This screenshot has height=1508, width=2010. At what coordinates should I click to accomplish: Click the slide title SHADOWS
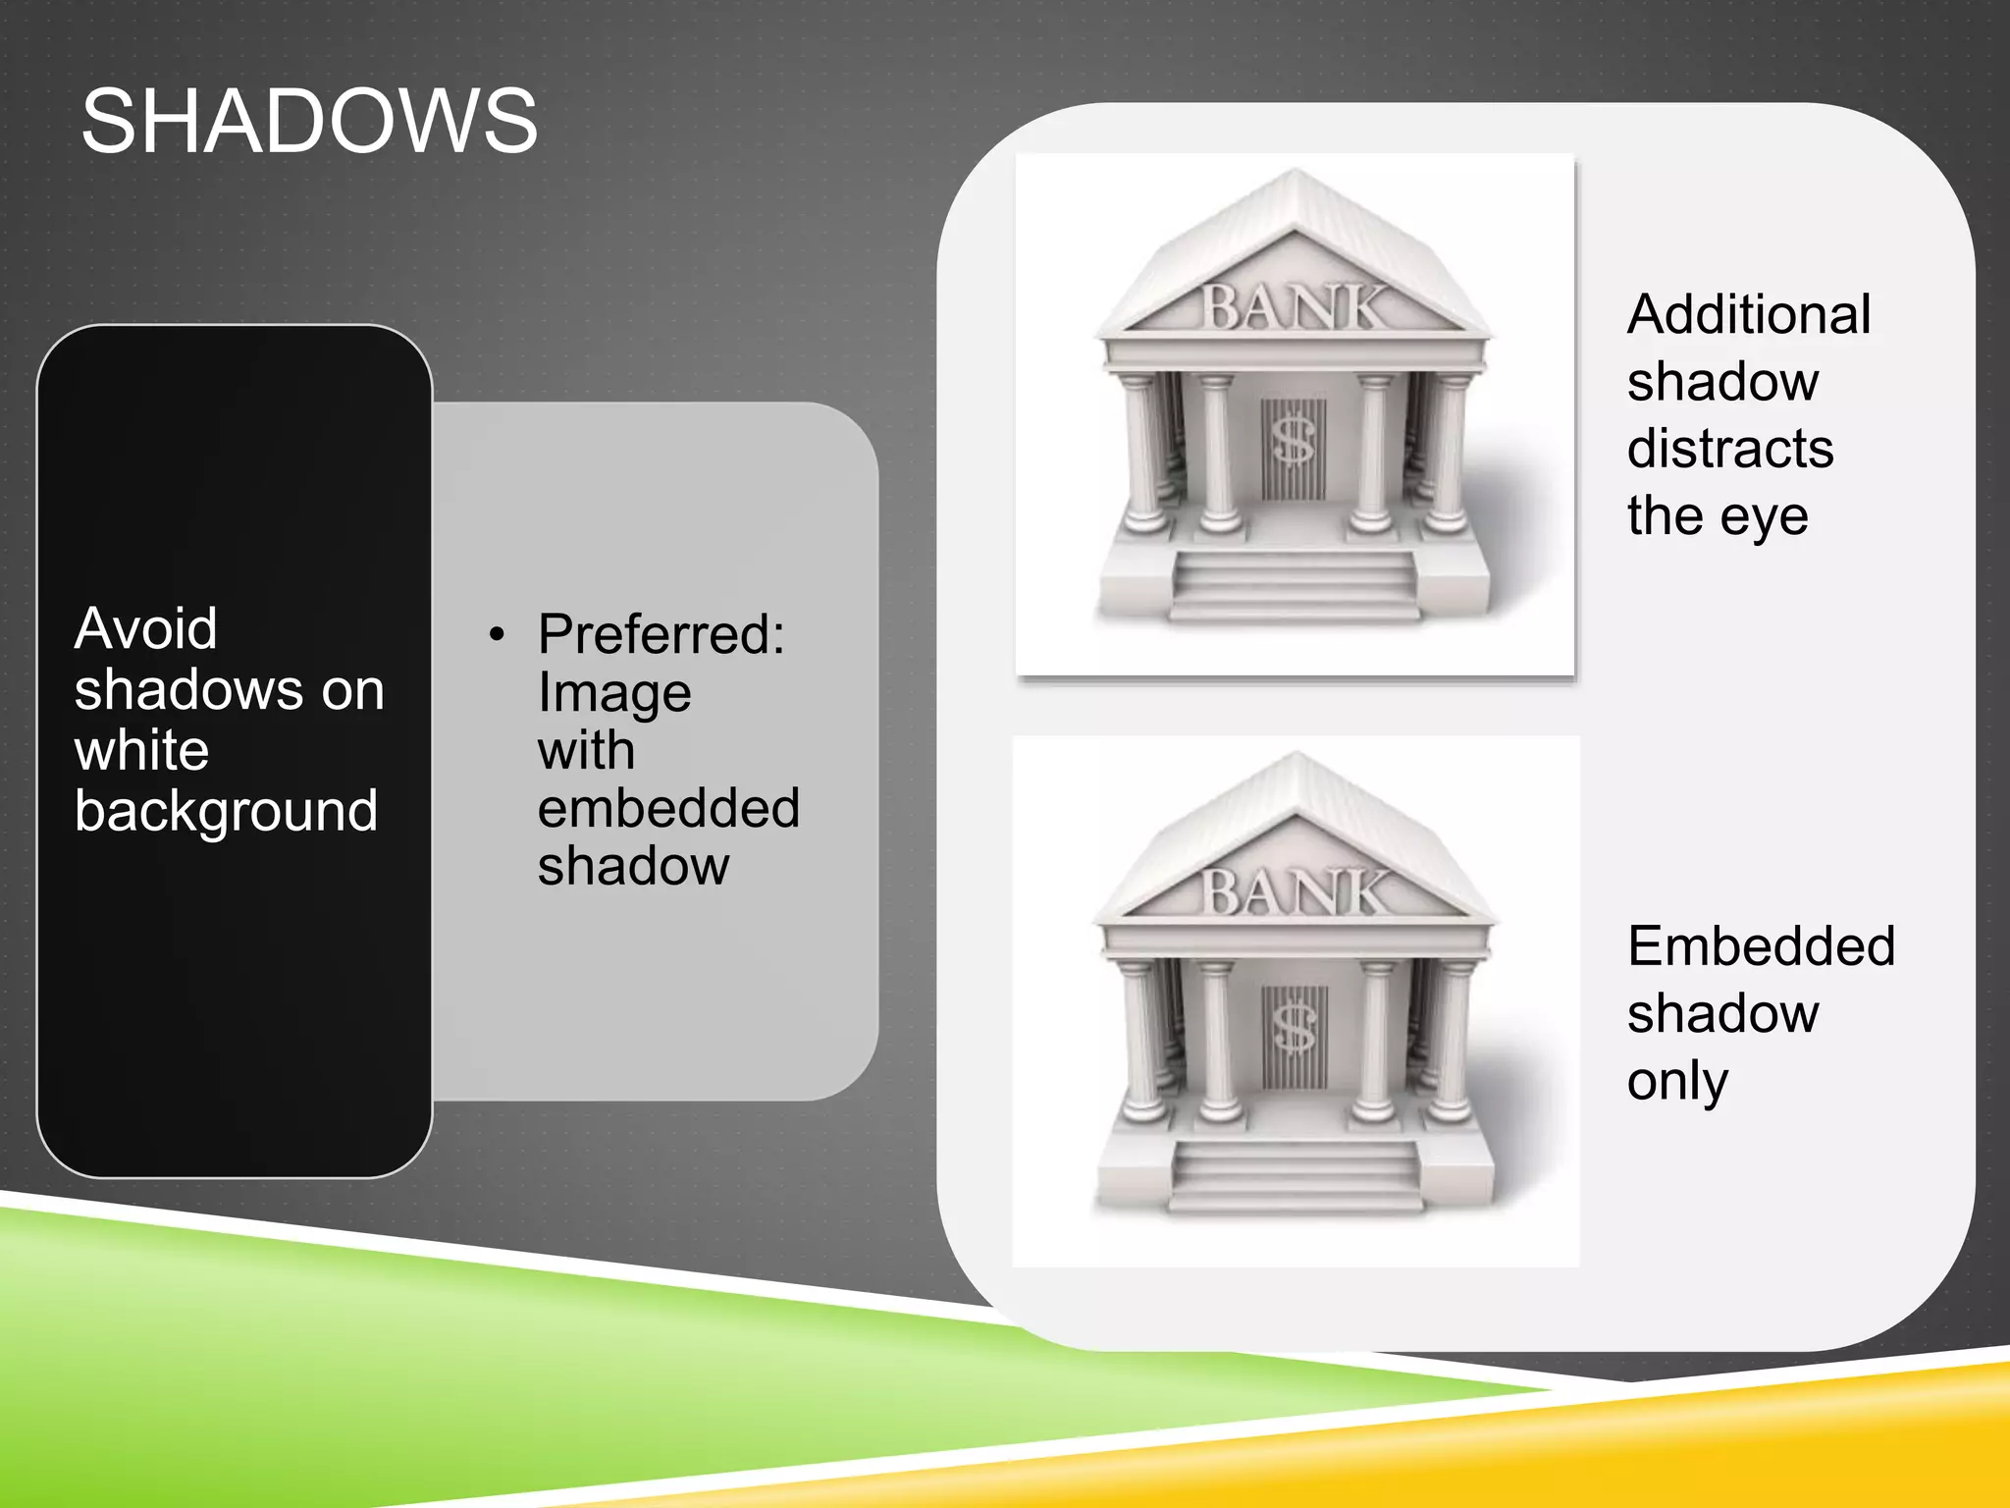coord(309,122)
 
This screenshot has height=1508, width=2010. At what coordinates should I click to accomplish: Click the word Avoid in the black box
coord(145,628)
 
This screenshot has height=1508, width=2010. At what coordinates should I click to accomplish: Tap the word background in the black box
coord(226,811)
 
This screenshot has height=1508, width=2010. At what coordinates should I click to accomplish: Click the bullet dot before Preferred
coord(498,635)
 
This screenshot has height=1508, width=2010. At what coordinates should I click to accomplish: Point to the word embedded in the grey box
coord(668,808)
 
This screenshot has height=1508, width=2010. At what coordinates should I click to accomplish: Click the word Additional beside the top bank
coord(1748,315)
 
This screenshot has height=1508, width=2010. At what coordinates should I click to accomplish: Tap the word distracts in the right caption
coord(1729,449)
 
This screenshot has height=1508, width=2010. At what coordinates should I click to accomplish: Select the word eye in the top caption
coord(1765,516)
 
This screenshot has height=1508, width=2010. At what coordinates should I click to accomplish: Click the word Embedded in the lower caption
coord(1761,946)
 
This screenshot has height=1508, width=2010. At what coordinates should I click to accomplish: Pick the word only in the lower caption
coord(1676,1082)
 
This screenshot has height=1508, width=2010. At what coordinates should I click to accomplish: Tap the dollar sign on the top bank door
coord(1293,439)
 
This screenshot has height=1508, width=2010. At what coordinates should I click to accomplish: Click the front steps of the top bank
coord(1295,587)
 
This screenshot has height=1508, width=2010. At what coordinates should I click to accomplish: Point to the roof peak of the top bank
coord(1297,177)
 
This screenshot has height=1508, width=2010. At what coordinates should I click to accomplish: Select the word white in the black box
coord(141,751)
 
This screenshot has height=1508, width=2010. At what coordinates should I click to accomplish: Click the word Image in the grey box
coord(614,693)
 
